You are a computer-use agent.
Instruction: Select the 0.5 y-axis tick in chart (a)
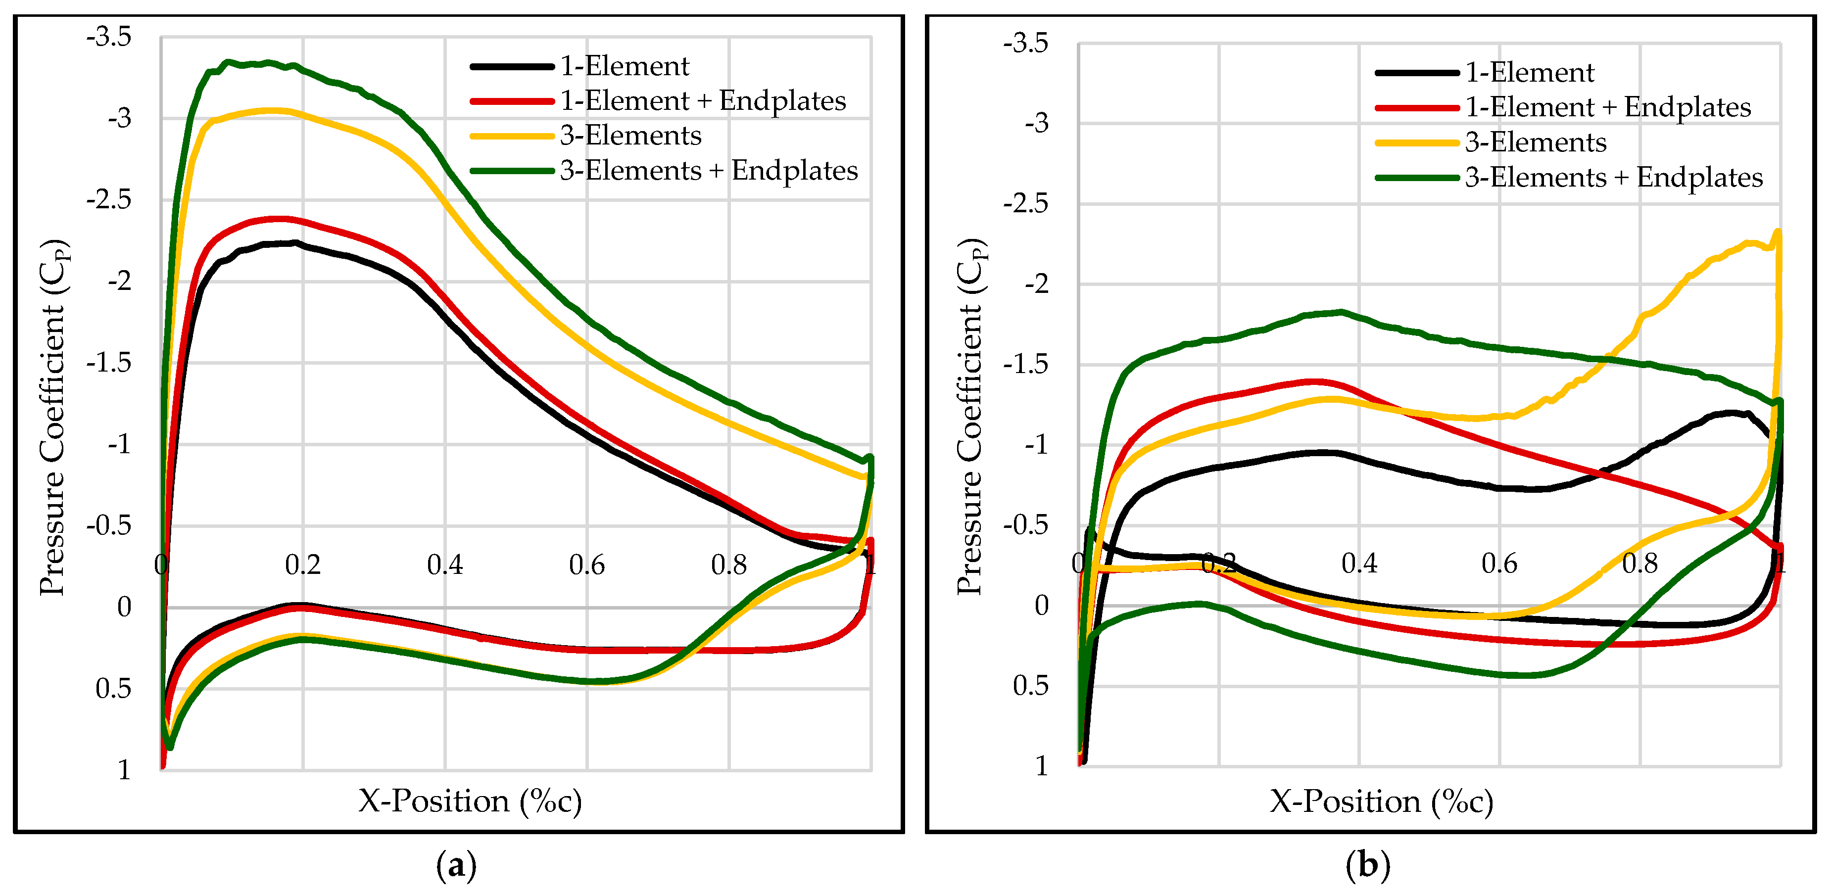coord(114,688)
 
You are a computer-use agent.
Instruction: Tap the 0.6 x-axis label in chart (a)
coord(587,566)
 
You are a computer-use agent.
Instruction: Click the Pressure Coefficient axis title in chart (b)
coord(971,417)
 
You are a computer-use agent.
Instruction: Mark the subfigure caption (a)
coord(456,866)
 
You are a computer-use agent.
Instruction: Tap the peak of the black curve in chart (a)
coord(293,242)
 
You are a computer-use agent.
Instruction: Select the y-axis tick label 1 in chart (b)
coord(1042,766)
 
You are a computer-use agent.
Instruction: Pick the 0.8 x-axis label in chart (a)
coord(729,566)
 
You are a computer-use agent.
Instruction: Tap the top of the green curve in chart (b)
coord(1341,312)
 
